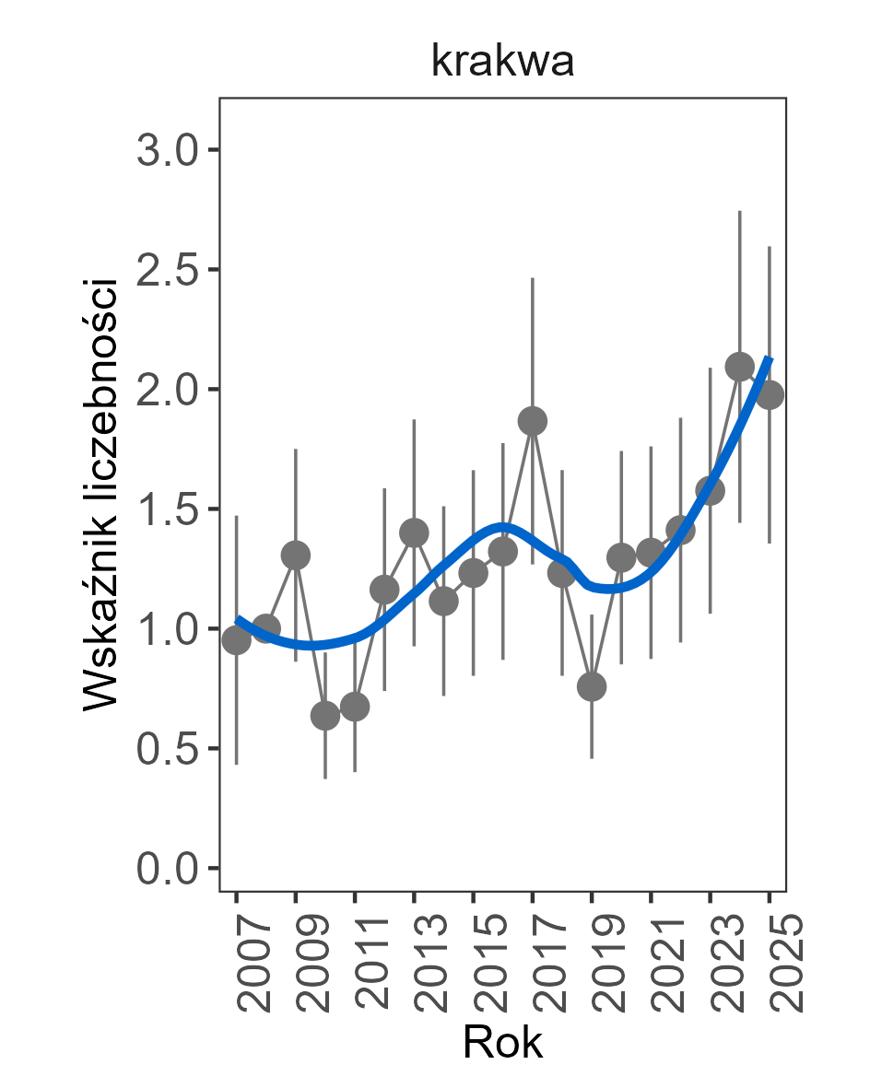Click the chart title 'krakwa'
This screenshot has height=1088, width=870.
coord(502,63)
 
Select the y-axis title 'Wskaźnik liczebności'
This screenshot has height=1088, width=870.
coord(101,493)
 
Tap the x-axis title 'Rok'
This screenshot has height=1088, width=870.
coord(502,1043)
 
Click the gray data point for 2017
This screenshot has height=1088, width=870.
coord(533,421)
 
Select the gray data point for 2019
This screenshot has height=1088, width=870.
coord(592,686)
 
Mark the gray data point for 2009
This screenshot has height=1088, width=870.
coord(296,556)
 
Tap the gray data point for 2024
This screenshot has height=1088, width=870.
coord(739,367)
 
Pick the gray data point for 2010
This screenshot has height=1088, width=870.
coord(325,716)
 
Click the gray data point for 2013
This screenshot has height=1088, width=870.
coord(414,532)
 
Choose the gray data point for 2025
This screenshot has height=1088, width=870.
coord(770,394)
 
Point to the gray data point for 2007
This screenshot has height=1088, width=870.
coord(237,640)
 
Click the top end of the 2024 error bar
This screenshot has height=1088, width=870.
coord(739,212)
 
